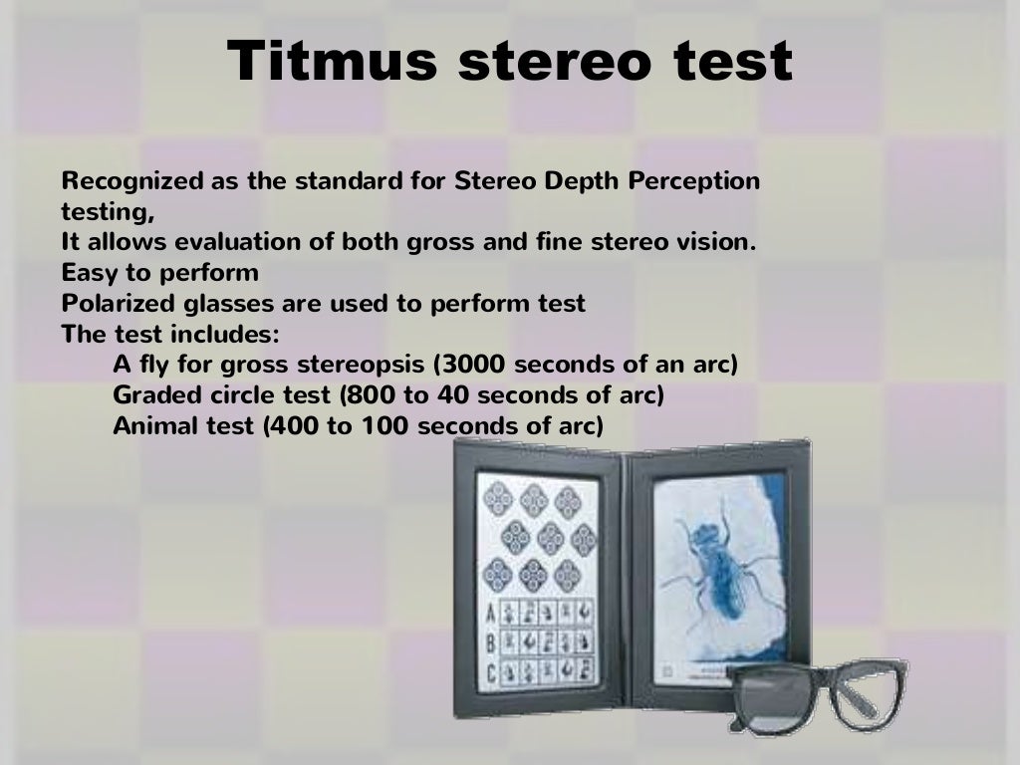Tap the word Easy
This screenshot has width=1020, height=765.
point(84,272)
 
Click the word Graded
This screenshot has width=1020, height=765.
point(149,395)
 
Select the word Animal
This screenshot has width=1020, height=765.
point(149,426)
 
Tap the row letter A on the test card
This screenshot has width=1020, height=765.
point(489,614)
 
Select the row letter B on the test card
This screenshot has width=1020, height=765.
point(489,641)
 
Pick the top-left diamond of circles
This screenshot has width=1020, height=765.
point(499,499)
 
